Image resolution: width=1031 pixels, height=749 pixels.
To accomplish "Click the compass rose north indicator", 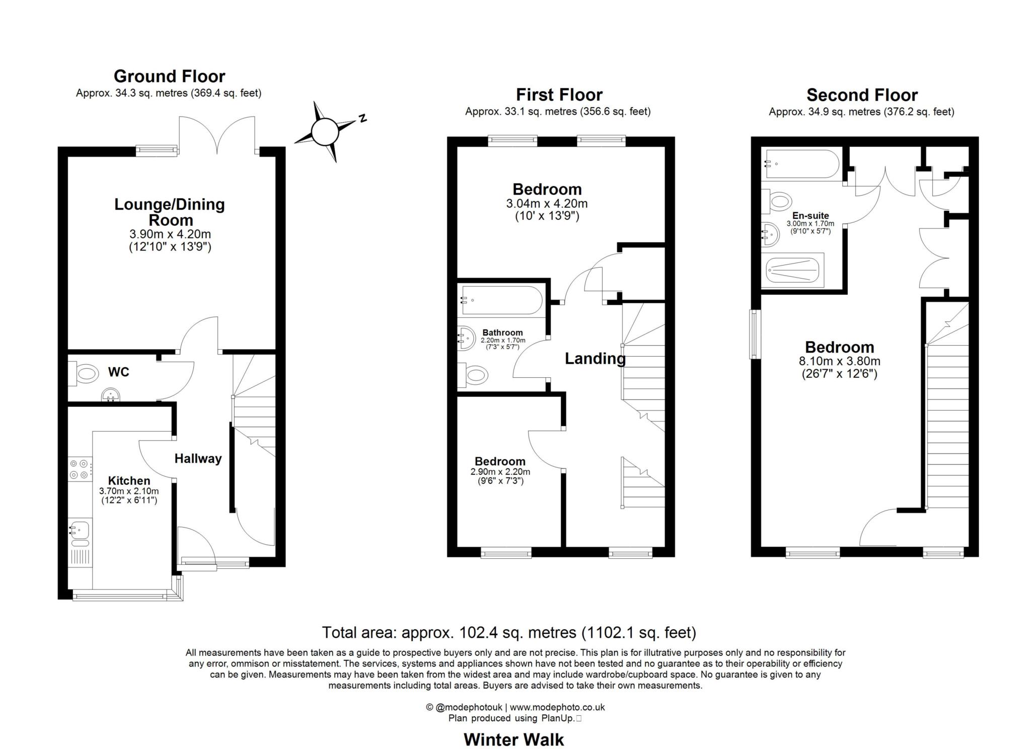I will [x=362, y=119].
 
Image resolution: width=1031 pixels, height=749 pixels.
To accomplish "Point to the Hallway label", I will [x=198, y=458].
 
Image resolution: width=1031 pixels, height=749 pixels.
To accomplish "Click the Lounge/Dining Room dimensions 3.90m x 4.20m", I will [x=170, y=234].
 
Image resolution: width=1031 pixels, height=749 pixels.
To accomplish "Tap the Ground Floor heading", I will [x=169, y=76].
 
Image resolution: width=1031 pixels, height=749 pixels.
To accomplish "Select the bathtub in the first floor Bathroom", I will [x=501, y=300].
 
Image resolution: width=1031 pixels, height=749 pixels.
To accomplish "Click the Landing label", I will [x=595, y=358].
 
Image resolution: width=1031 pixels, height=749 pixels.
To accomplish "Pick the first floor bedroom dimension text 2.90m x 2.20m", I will [x=500, y=472].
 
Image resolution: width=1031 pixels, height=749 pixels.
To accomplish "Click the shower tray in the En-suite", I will [x=792, y=270].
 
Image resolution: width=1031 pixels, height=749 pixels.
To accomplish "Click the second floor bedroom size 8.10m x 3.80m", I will [x=839, y=361].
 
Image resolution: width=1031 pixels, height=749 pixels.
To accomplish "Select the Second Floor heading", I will [x=862, y=95].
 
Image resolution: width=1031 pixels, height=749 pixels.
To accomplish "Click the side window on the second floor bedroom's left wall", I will [x=754, y=334].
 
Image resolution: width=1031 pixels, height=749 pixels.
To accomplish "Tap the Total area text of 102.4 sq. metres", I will [x=509, y=632].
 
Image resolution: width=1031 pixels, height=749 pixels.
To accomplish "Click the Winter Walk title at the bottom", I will [x=513, y=739].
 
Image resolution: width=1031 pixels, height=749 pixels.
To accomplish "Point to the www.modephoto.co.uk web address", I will [x=557, y=707].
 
